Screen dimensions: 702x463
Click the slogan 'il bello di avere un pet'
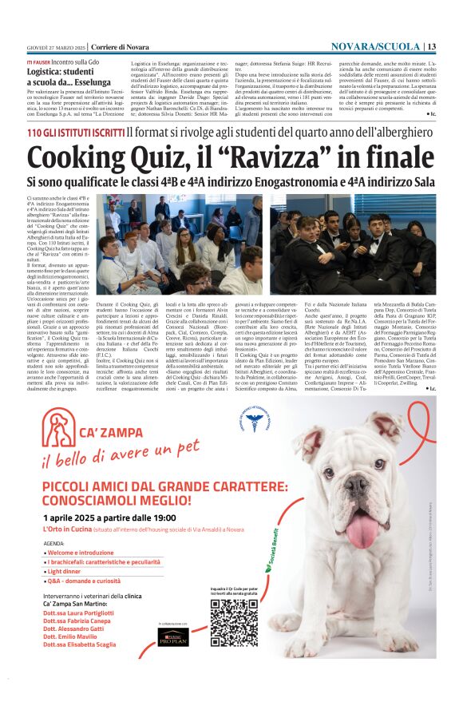[x=120, y=458]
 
